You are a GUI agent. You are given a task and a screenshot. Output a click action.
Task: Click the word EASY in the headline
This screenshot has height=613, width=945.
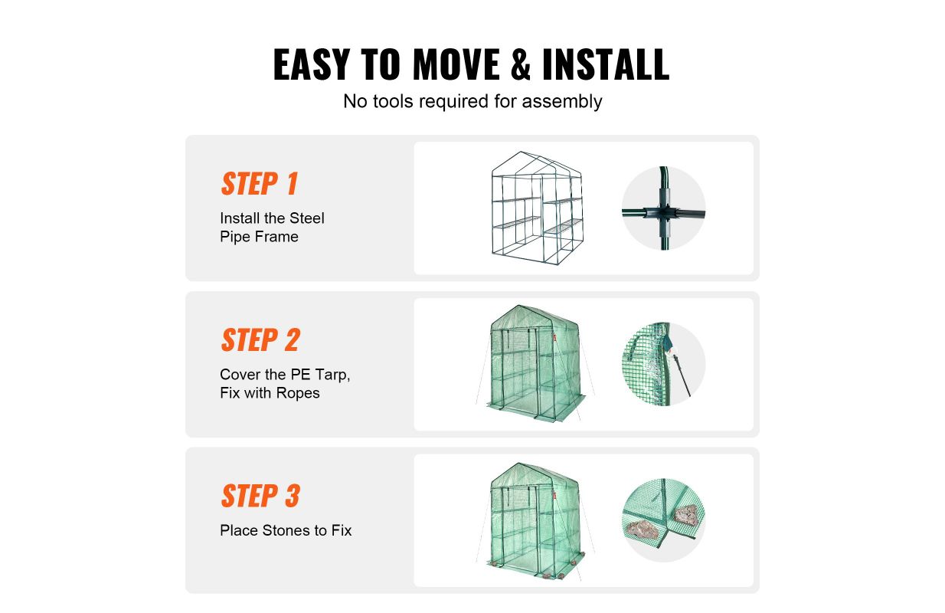point(312,64)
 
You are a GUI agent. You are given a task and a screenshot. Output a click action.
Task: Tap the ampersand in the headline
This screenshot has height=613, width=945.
point(520,64)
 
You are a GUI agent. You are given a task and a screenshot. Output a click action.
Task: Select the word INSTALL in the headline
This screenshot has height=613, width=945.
point(606,64)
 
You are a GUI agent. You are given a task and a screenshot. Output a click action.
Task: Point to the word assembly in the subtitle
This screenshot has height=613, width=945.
point(562,102)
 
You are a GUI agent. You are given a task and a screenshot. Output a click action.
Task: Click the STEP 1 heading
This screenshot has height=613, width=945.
point(260,184)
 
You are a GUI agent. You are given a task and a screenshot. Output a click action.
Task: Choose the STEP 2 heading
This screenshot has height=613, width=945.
point(260,340)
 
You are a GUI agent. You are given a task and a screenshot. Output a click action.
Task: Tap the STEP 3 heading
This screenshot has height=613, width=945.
point(260,496)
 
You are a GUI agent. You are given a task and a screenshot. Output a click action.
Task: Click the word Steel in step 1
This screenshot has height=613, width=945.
point(307,218)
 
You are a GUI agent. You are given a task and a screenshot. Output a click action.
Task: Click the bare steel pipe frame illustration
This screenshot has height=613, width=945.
point(538,208)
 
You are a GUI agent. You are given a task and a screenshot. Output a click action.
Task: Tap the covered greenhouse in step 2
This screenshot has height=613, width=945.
point(536,363)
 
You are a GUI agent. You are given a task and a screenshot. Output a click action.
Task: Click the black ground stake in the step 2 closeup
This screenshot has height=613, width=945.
point(682,375)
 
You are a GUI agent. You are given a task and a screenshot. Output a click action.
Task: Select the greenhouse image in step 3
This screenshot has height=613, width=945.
point(536,521)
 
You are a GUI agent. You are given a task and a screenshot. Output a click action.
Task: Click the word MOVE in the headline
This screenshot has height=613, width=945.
point(456,64)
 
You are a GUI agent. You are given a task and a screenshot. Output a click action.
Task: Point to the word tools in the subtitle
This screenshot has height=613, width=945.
point(393,102)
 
